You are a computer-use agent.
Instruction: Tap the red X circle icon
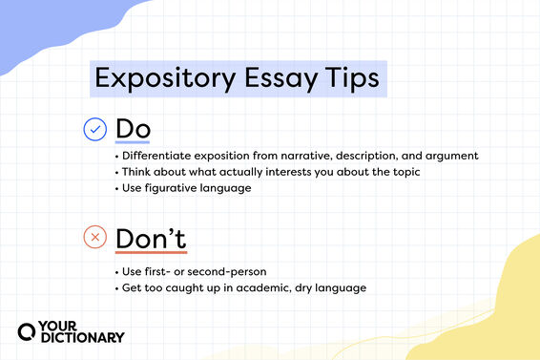pyautogui.click(x=95, y=237)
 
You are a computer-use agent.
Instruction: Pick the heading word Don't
pyautogui.click(x=151, y=237)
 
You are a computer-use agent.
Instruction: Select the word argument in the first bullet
pyautogui.click(x=449, y=156)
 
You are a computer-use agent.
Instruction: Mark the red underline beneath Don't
pyautogui.click(x=151, y=253)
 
